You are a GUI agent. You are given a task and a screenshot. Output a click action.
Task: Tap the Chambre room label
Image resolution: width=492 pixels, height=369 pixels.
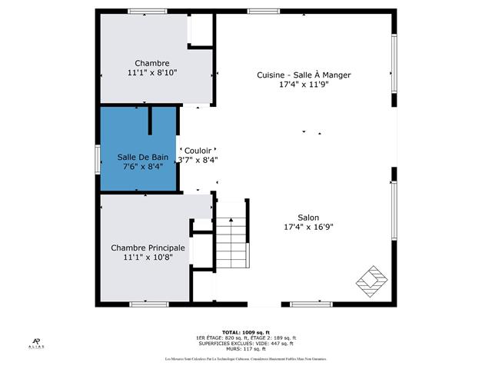151,63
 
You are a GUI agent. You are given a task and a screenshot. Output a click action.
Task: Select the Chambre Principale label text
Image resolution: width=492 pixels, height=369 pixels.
148,248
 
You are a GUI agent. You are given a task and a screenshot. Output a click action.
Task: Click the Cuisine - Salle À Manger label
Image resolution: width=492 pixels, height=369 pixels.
304,75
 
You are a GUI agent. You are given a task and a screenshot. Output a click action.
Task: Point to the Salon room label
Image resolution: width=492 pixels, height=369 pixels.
308,217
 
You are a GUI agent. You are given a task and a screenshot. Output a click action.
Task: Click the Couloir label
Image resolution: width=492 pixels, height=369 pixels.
198,151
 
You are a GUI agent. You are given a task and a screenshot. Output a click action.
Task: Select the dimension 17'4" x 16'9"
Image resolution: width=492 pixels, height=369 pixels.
308,227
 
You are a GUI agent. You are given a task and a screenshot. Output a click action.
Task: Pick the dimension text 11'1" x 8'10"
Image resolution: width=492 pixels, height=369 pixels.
151,73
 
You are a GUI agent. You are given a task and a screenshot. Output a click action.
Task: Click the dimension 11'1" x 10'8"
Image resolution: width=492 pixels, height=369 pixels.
148,258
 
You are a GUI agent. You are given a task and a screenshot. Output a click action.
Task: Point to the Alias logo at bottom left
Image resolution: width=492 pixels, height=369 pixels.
36,343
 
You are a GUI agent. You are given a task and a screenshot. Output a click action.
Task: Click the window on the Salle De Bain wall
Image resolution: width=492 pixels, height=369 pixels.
97,157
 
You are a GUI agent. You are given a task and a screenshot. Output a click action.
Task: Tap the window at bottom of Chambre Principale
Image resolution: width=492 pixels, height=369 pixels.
149,304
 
